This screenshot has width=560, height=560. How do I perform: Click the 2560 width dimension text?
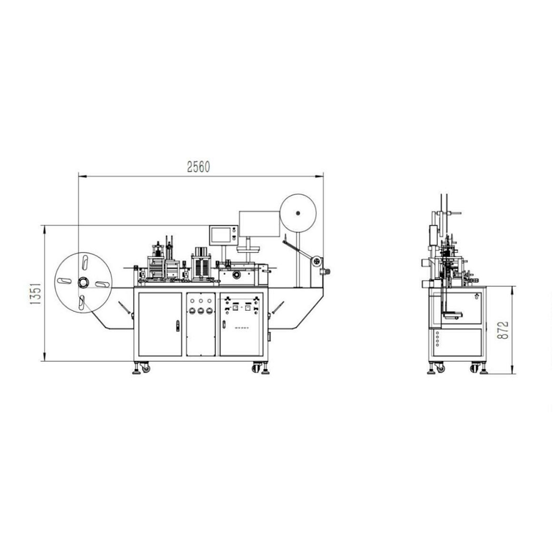click(199, 167)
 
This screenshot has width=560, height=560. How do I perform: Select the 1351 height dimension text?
click(35, 293)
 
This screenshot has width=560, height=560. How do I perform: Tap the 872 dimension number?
click(502, 330)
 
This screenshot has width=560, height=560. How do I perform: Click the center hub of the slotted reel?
click(83, 282)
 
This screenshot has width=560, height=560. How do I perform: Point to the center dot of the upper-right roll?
click(297, 213)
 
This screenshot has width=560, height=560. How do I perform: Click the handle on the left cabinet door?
click(178, 326)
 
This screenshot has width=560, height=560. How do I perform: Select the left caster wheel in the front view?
click(146, 368)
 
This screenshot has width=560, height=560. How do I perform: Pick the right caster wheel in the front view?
click(256, 368)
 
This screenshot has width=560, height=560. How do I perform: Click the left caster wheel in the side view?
click(441, 368)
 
